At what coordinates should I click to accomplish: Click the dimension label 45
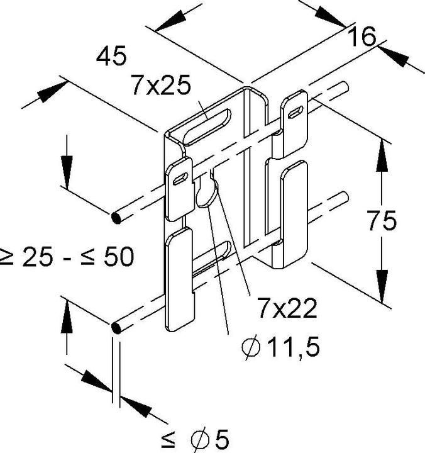click(x=111, y=57)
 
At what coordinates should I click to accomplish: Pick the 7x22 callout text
click(x=286, y=309)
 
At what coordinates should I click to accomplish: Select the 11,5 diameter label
click(x=291, y=347)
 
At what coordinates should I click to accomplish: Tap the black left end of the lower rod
click(x=116, y=328)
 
